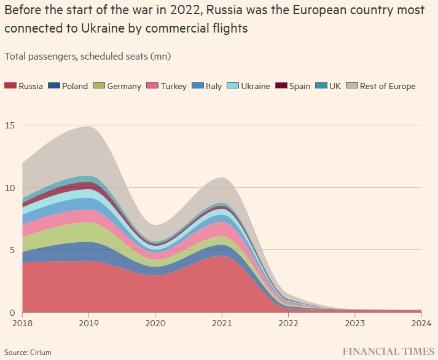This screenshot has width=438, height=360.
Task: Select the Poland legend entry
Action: click(x=74, y=86)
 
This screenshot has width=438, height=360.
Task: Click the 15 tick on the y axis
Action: click(x=9, y=125)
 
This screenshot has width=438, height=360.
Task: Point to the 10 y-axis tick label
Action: click(x=9, y=187)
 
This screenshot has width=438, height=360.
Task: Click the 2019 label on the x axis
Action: click(x=89, y=323)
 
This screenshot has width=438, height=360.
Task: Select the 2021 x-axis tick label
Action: click(x=222, y=323)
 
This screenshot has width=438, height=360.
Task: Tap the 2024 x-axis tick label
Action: click(x=420, y=323)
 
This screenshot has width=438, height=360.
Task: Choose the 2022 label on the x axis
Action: click(x=288, y=323)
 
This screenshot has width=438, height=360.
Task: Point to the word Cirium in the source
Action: click(x=41, y=352)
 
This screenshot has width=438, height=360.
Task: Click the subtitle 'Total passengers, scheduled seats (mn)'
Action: click(x=88, y=57)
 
